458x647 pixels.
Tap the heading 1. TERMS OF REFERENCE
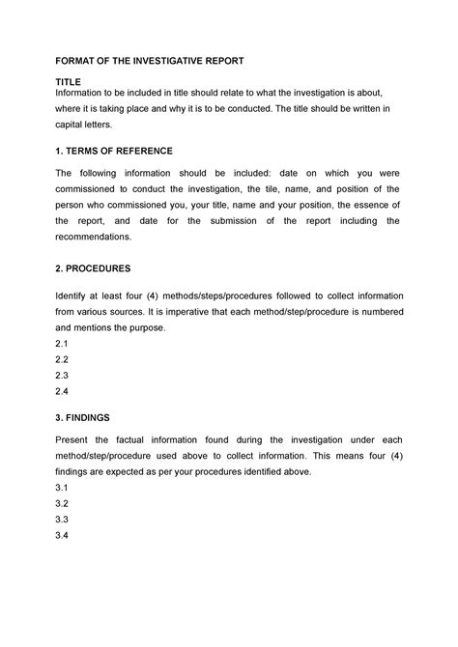tap(115, 151)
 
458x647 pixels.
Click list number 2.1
tap(64, 343)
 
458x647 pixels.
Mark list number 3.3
tap(64, 521)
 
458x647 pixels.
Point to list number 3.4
tap(64, 538)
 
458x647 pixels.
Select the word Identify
tap(75, 295)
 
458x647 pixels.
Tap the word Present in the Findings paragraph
tap(76, 439)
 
